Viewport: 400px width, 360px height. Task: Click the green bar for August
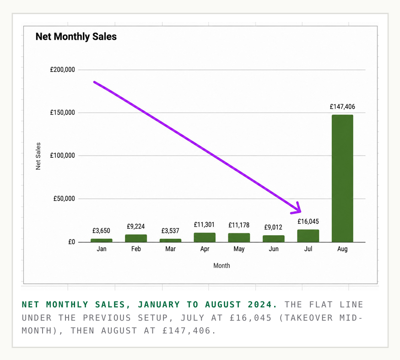342,178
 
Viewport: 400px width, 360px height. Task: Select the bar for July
308,236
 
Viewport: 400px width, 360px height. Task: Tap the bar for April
205,237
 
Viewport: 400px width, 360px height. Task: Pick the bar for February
136,238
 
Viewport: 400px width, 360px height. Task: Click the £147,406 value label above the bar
342,107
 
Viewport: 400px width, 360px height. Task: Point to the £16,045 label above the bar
308,221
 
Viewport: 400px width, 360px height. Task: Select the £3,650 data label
101,231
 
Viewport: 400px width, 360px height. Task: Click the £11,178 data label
239,225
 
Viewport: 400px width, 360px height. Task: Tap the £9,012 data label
273,227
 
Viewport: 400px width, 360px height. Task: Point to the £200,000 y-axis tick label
63,70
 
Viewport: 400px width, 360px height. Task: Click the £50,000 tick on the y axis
64,199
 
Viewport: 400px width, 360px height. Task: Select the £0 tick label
72,242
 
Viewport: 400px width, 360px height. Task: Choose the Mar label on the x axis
170,249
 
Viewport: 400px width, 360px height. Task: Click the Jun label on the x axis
274,249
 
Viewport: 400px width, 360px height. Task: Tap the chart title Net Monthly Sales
76,37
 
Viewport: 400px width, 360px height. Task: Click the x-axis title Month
222,266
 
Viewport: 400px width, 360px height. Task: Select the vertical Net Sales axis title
38,156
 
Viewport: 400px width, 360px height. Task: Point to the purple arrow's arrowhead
297,209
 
